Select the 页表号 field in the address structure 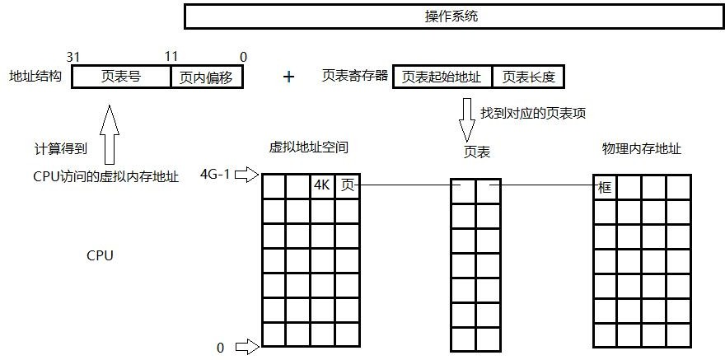tap(121, 77)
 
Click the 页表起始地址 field tap(442, 77)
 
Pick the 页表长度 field tap(528, 77)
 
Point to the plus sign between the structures tap(288, 77)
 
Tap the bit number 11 tap(171, 57)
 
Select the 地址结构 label tap(35, 77)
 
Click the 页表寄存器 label tap(353, 77)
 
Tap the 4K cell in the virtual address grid tap(322, 185)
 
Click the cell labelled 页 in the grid tap(347, 185)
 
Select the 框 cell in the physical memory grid tap(605, 187)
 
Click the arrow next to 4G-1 tap(247, 175)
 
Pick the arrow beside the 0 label tap(247, 347)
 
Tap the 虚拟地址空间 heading tap(309, 148)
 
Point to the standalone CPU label tap(100, 256)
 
